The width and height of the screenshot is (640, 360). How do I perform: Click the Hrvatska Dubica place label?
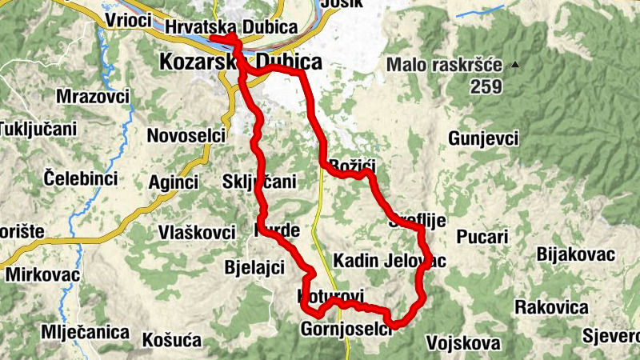pos(231,27)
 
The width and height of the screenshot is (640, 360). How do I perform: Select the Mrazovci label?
pos(93,97)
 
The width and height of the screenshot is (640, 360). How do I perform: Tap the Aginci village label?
pos(172,182)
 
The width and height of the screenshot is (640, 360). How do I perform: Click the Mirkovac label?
pos(43,275)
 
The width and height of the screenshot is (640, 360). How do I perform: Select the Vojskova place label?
pos(464,343)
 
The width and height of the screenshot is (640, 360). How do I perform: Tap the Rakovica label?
pos(551,306)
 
